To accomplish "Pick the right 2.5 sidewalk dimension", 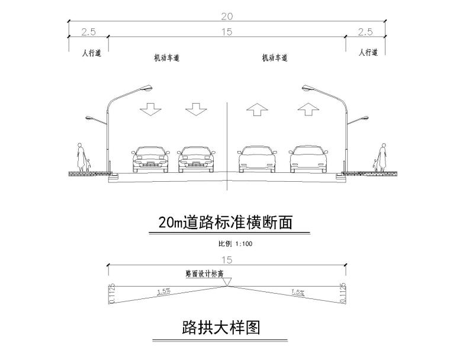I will [366, 31].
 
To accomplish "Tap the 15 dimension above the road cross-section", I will [227, 31].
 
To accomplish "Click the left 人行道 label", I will [92, 53].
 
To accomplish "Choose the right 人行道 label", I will [368, 53].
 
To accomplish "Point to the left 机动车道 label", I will [166, 58].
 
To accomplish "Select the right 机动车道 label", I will [275, 58].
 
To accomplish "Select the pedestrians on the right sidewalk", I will [380, 159].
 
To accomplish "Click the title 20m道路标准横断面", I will [227, 223].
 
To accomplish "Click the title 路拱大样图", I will [221, 327].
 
